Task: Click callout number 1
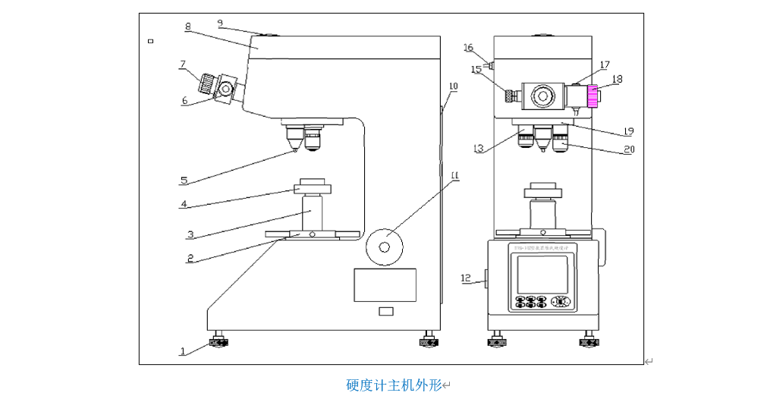click(183, 351)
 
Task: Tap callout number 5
click(184, 181)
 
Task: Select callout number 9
click(220, 24)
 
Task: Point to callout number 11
click(454, 176)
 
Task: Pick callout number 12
click(465, 278)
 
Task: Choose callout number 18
click(617, 78)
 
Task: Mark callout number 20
click(628, 150)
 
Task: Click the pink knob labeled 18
click(593, 96)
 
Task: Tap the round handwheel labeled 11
click(384, 247)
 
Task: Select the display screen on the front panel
click(542, 274)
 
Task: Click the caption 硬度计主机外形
click(395, 385)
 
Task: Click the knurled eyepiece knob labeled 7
click(206, 83)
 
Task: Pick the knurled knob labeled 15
click(512, 96)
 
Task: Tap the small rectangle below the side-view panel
click(386, 311)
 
